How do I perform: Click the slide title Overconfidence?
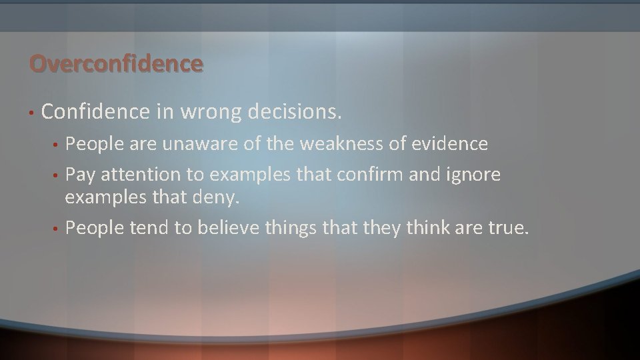point(115,63)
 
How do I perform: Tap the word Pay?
point(79,175)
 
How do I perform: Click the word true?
point(511,229)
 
